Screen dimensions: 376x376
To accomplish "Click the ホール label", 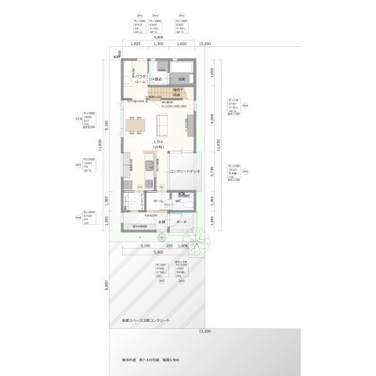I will tap(158, 202).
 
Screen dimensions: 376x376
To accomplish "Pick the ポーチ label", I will tap(181, 222).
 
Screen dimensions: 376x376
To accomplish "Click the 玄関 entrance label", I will tap(161, 222).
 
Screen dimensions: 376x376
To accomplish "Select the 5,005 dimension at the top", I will tap(159, 37).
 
